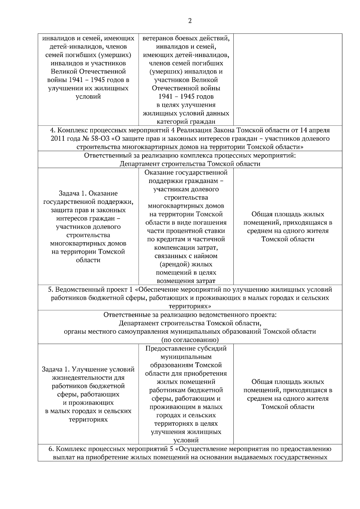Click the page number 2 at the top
190,21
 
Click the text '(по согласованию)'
190,340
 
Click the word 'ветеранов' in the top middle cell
157,38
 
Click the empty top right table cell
287,79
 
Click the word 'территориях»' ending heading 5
190,306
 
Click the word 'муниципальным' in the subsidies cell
186,357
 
